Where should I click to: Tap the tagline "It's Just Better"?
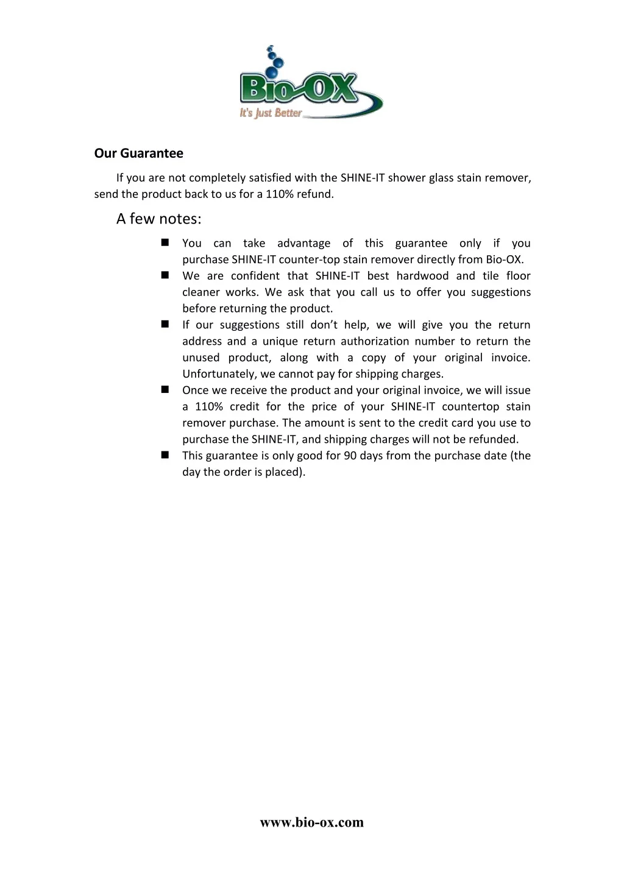271,113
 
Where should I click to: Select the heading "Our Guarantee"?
138,153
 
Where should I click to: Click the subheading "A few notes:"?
158,219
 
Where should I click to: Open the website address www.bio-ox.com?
311,822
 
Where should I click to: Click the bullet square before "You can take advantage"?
165,242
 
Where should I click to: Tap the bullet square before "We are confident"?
165,275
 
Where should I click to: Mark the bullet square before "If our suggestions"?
165,325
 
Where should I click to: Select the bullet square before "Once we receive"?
165,390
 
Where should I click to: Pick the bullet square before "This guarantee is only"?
165,455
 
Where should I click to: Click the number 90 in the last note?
350,456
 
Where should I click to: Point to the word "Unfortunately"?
219,374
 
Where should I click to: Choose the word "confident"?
255,276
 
